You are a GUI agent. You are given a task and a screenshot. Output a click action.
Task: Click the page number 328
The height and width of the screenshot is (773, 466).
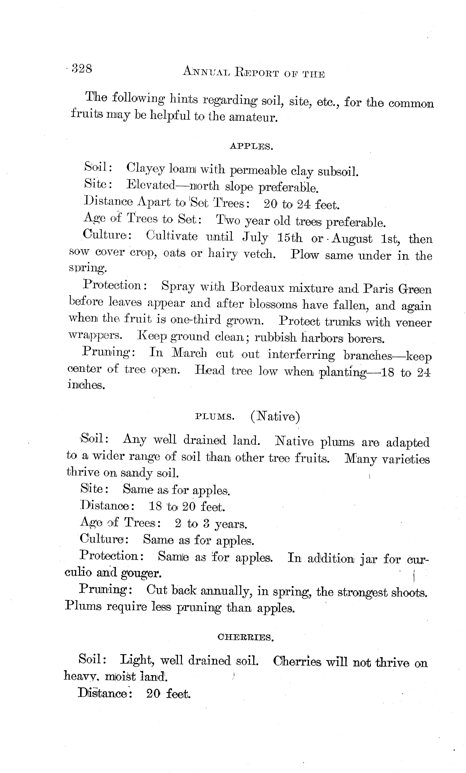coord(82,68)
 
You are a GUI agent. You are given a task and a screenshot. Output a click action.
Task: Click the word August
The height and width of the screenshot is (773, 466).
coord(352,239)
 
